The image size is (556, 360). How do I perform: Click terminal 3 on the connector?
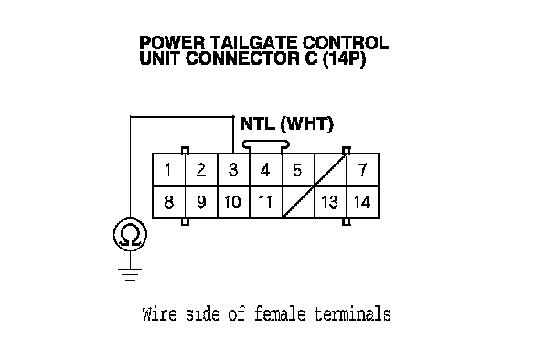click(233, 170)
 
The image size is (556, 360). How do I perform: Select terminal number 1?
click(169, 170)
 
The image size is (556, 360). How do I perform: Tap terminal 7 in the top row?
click(362, 170)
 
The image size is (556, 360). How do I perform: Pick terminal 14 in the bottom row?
click(362, 202)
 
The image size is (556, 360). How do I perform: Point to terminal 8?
click(169, 202)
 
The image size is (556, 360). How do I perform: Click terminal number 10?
click(233, 202)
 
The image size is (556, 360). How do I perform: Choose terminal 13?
click(330, 202)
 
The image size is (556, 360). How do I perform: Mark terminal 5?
click(298, 170)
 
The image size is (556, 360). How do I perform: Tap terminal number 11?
click(265, 202)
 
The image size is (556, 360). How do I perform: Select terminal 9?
click(201, 202)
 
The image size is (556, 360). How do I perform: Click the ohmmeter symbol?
click(130, 235)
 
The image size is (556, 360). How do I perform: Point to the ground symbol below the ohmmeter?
click(130, 275)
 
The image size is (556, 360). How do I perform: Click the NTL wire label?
click(258, 123)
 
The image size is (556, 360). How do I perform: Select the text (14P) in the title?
click(344, 58)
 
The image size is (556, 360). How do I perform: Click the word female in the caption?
click(280, 314)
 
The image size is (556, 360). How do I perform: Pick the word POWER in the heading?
click(172, 43)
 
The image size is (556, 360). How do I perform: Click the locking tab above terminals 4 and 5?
click(266, 144)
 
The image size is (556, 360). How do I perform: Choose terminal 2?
click(201, 170)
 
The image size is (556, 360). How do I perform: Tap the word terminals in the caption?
click(352, 314)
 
